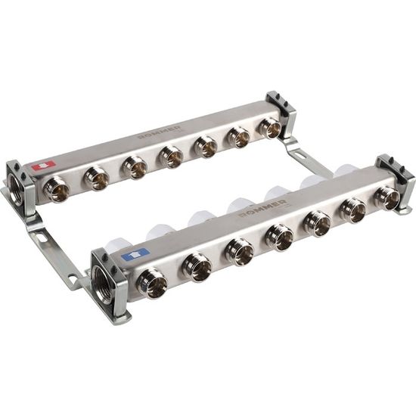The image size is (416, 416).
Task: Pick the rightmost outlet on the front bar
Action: coord(387,197)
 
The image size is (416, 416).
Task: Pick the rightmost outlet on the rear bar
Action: coord(269,129)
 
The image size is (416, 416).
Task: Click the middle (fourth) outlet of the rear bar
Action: coord(172,157)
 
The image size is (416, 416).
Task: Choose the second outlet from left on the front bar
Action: coord(198,267)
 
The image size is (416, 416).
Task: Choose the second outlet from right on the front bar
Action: coord(353,211)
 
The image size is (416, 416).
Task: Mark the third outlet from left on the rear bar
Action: coord(135,167)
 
